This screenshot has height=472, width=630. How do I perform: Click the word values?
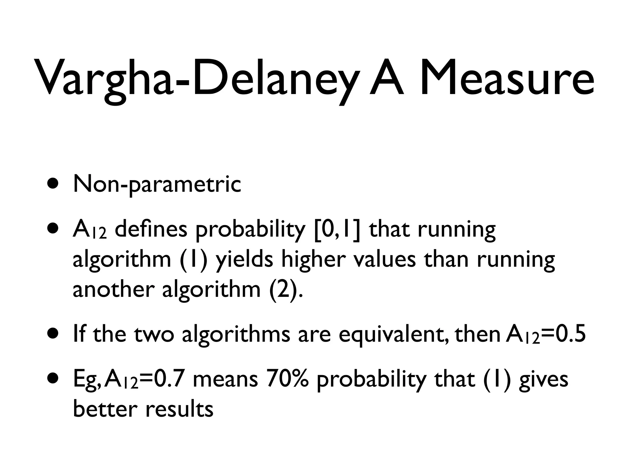click(385, 259)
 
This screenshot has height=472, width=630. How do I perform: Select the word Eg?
click(86, 380)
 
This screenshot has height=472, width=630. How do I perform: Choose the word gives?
click(543, 380)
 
